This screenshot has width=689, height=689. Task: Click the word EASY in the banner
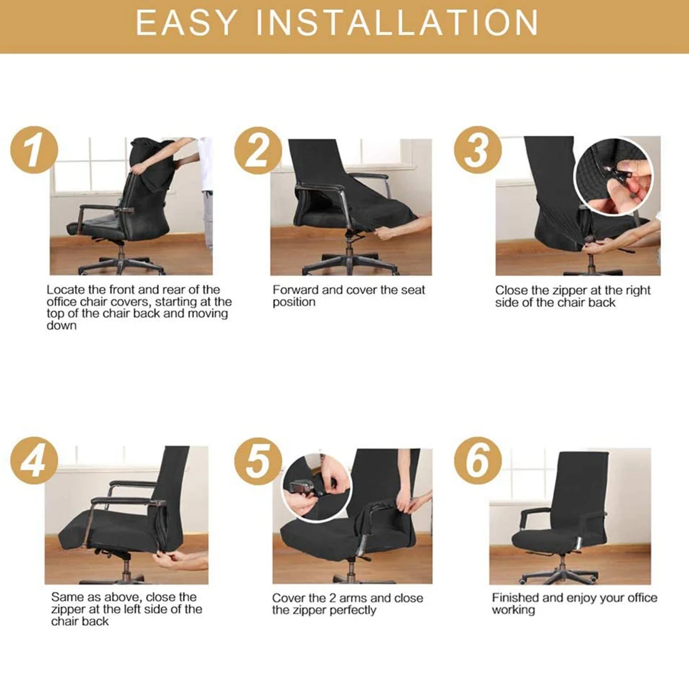[x=186, y=23]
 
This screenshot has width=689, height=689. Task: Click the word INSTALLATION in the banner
[x=397, y=23]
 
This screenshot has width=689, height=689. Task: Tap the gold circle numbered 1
[x=34, y=150]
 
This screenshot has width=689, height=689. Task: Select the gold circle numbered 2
[x=258, y=151]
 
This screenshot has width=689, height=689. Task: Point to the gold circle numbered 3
[x=478, y=150]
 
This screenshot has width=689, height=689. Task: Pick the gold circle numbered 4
[x=34, y=460]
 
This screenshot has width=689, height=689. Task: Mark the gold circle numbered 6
[x=478, y=460]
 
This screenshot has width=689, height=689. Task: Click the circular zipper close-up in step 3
[x=614, y=177]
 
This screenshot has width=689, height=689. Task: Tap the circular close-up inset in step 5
[x=316, y=488]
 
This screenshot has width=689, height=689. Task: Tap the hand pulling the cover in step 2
[x=386, y=232]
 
